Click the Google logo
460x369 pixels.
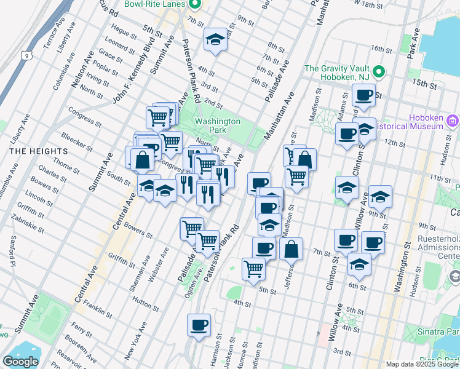click(x=20, y=362)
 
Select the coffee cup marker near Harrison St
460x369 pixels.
click(x=199, y=326)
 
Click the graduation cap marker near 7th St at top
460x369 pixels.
click(x=215, y=40)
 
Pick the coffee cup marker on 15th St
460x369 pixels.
click(x=363, y=95)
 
